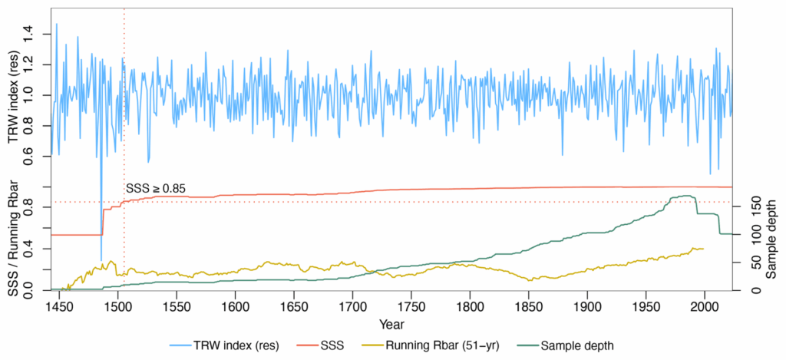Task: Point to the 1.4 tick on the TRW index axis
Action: [x=29, y=31]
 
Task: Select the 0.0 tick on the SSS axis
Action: [x=29, y=289]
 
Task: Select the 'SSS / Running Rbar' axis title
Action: [x=12, y=238]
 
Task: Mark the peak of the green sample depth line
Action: [x=684, y=196]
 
